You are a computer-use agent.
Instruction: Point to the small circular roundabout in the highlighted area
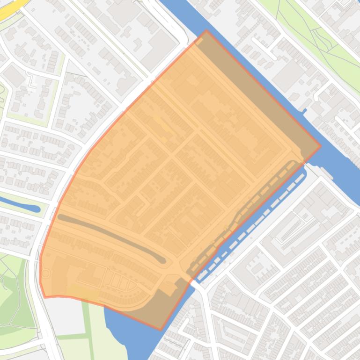click(x=45, y=273)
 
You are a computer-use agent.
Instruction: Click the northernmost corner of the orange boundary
click(x=206, y=31)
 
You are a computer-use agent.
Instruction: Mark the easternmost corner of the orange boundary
click(x=321, y=146)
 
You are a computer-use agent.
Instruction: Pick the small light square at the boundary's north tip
click(x=199, y=42)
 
